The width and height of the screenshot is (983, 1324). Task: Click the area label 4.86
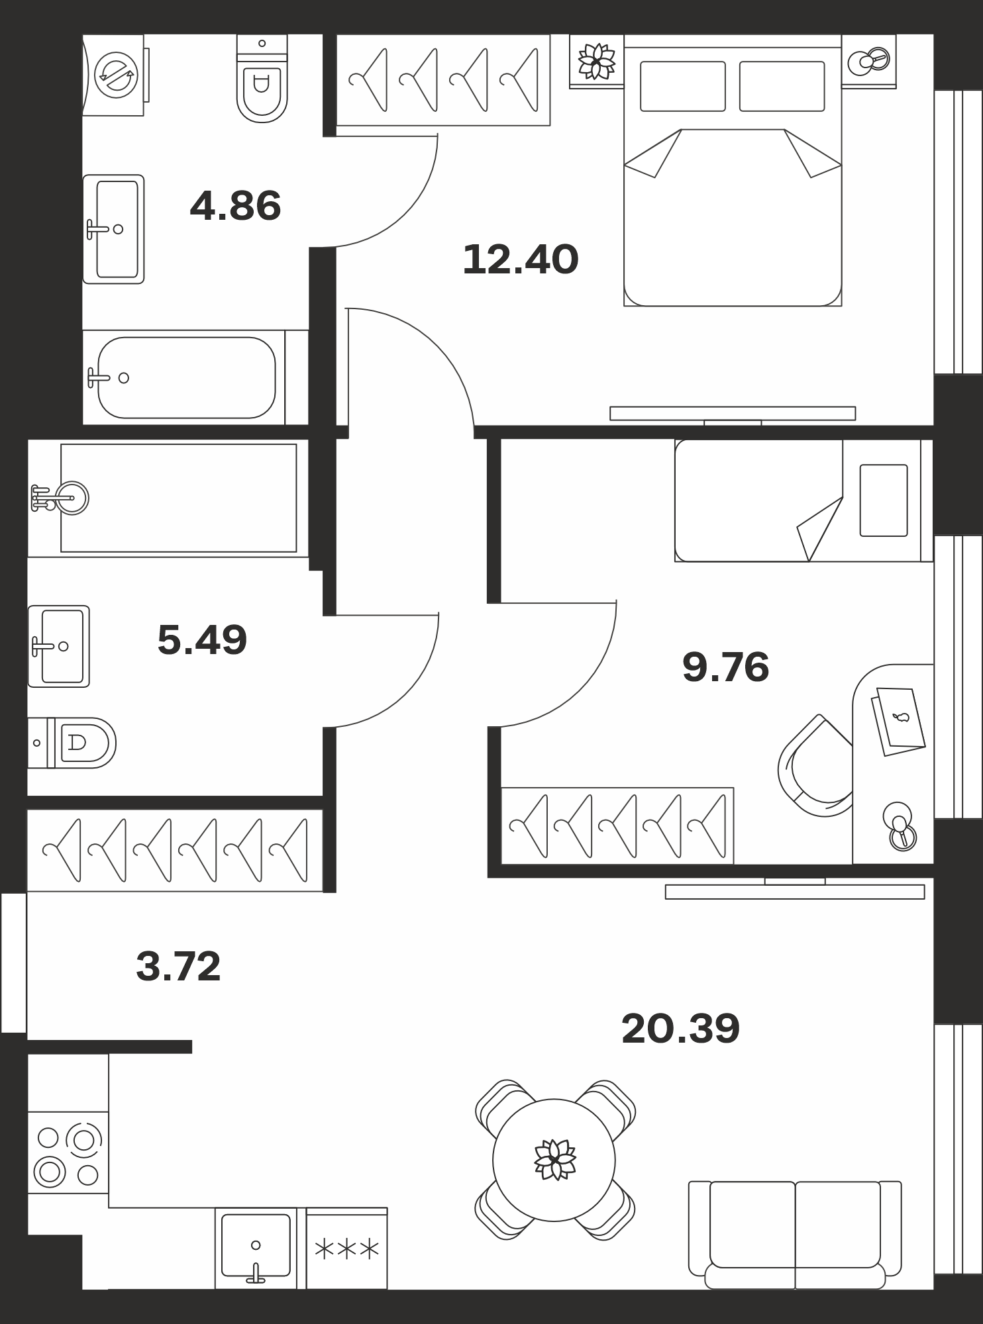pyautogui.click(x=235, y=206)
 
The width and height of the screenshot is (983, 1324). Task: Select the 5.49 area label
pyautogui.click(x=202, y=640)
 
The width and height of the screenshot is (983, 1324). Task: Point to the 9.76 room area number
pyautogui.click(x=725, y=667)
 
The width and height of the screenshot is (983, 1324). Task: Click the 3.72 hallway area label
pyautogui.click(x=178, y=967)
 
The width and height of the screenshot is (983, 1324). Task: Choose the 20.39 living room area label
pyautogui.click(x=680, y=1028)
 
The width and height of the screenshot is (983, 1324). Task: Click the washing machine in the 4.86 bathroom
pyautogui.click(x=114, y=75)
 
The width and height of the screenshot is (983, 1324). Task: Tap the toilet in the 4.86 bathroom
pyautogui.click(x=262, y=79)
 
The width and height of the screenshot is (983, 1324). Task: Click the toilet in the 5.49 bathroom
pyautogui.click(x=72, y=743)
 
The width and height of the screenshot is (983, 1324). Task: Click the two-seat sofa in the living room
pyautogui.click(x=795, y=1234)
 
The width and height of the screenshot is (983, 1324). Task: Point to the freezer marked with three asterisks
pyautogui.click(x=347, y=1249)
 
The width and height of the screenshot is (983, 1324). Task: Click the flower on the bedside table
pyautogui.click(x=597, y=62)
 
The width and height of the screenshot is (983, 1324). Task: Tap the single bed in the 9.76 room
pyautogui.click(x=804, y=500)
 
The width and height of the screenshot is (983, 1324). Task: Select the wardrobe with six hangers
pyautogui.click(x=175, y=850)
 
